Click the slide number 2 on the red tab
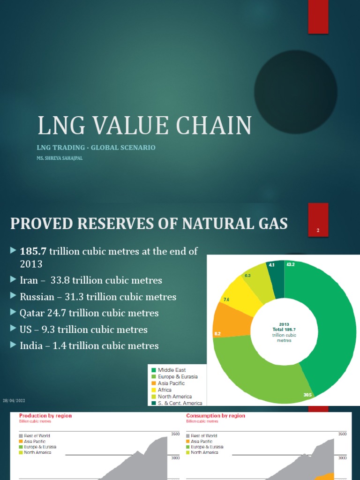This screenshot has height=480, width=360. coord(318,230)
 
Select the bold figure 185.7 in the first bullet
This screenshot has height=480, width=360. coord(34,252)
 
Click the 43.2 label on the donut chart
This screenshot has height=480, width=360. coord(290,265)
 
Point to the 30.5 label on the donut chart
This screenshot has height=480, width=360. coord(307,395)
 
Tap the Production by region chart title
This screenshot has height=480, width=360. coord(45,416)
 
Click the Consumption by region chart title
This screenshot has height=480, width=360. coord(215,416)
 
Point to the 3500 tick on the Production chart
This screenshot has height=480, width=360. coord(176,435)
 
